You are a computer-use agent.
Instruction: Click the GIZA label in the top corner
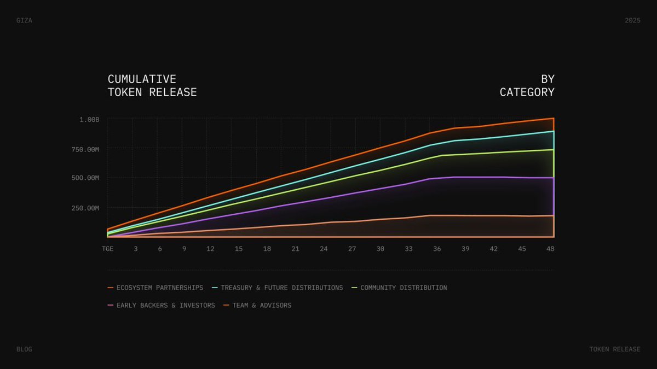[x=24, y=20]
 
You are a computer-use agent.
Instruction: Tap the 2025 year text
[x=632, y=20]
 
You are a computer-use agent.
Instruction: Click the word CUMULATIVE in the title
[x=142, y=79]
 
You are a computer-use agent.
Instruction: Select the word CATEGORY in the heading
[x=527, y=92]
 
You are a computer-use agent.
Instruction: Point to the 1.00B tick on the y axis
[x=89, y=119]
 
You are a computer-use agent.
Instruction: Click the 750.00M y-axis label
[x=85, y=149]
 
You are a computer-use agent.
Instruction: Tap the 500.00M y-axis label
[x=85, y=178]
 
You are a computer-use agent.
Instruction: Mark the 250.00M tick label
[x=85, y=208]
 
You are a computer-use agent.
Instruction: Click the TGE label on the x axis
[x=108, y=249]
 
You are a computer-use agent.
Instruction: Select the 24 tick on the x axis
[x=324, y=249]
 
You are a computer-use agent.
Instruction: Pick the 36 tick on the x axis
[x=437, y=249]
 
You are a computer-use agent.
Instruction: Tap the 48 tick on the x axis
[x=550, y=249]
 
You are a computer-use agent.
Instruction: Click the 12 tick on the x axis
[x=210, y=249]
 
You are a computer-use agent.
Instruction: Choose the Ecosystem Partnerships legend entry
[x=159, y=288]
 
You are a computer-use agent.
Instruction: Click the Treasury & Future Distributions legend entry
[x=281, y=288]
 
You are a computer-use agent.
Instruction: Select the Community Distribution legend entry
[x=403, y=288]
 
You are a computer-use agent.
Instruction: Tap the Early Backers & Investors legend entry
[x=165, y=305]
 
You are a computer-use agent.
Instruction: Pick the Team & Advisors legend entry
[x=261, y=305]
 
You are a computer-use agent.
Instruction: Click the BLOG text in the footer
[x=24, y=349]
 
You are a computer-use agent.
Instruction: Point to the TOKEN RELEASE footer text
[x=614, y=349]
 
